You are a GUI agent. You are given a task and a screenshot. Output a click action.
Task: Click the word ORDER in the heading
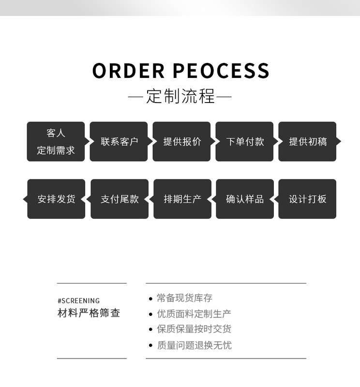click(128, 71)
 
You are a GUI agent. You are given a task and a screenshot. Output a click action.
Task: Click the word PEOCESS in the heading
click(221, 71)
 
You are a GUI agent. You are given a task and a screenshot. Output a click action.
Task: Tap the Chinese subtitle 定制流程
click(180, 96)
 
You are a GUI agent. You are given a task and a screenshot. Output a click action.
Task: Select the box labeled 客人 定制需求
click(56, 141)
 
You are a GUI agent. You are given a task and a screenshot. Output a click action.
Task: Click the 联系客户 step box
click(119, 141)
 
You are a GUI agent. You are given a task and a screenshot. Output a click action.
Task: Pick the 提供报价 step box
click(182, 141)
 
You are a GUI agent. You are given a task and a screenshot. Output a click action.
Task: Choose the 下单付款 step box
click(245, 141)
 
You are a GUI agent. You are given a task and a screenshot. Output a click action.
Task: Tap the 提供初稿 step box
click(307, 141)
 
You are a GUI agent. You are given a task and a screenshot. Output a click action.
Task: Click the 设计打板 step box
click(307, 199)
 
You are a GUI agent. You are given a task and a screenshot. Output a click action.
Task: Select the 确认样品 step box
click(245, 199)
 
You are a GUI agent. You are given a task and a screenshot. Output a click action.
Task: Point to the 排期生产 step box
click(182, 199)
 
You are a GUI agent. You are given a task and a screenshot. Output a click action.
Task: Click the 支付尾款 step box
click(120, 199)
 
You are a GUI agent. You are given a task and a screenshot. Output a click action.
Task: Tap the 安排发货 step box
click(57, 199)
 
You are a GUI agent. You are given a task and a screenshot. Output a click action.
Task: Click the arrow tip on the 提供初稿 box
click(339, 141)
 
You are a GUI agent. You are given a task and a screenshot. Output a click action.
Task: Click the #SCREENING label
click(78, 300)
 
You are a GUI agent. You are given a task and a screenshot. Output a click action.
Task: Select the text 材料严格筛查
click(89, 313)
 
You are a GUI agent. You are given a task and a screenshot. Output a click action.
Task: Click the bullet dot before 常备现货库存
click(150, 298)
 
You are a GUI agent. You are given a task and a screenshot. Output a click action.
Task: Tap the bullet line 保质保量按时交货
click(194, 329)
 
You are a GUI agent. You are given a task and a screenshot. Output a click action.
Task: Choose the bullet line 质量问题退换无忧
click(194, 345)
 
